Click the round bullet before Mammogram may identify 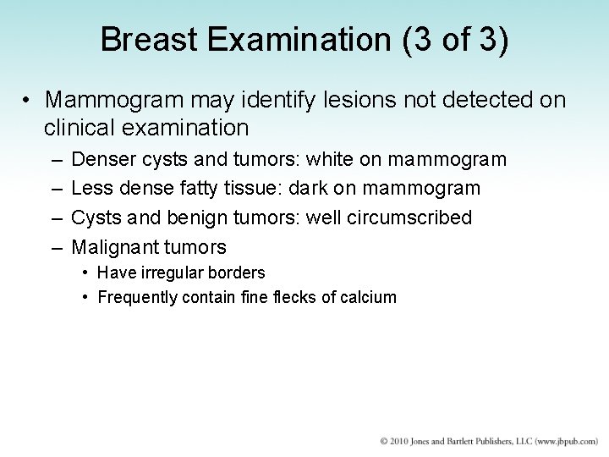point(28,100)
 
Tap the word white point(329,159)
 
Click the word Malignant point(115,247)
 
